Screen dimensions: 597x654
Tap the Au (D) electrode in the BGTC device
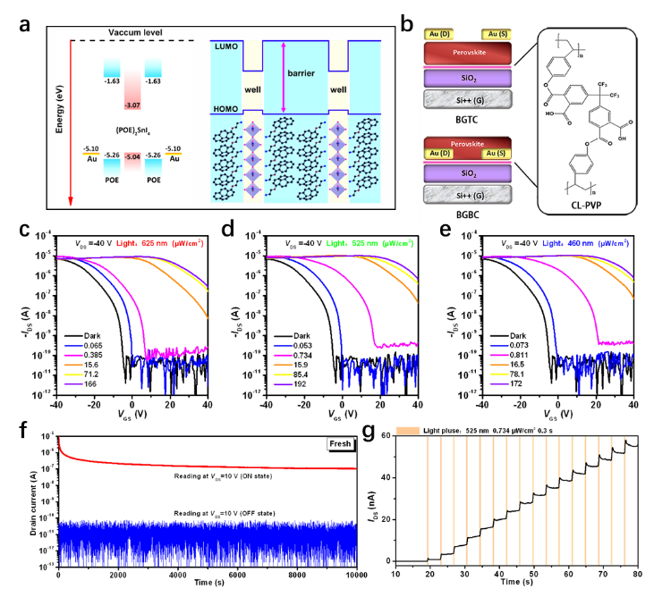point(438,34)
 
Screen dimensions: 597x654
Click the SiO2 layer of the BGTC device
point(465,79)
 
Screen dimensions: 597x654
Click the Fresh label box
point(340,443)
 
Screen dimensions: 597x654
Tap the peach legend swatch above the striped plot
point(408,431)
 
